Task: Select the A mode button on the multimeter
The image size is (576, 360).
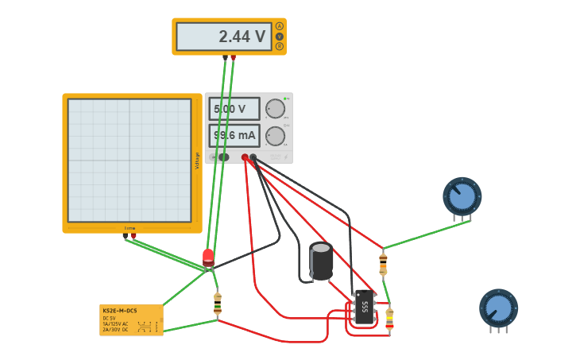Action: [280, 26]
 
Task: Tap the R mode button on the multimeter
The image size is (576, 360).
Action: [280, 46]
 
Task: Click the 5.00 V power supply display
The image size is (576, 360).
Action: [234, 109]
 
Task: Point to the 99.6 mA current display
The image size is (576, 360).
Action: [234, 136]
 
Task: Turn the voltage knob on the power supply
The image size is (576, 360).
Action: [275, 109]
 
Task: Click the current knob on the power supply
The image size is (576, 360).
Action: [275, 136]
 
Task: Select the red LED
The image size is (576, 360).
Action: [208, 257]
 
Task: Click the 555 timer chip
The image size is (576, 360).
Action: [365, 307]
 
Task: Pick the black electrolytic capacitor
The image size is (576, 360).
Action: [321, 261]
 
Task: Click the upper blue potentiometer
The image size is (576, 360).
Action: [462, 196]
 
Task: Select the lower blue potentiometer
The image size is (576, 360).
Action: [498, 308]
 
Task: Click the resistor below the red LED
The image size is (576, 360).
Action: [217, 304]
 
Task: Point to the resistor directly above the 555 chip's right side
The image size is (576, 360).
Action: [383, 261]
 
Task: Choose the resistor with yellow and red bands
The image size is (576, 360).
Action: [389, 319]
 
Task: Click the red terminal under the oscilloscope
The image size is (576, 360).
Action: [133, 235]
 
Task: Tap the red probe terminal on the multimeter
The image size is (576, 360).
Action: [233, 57]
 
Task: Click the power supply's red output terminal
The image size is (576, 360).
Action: [245, 157]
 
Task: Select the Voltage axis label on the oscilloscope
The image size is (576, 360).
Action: [197, 161]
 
